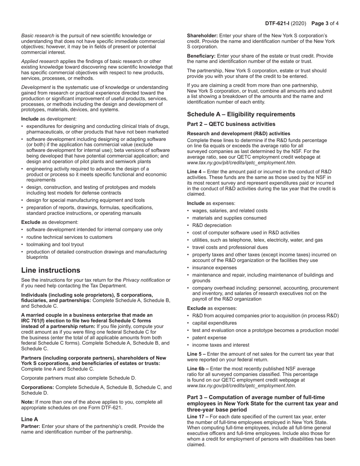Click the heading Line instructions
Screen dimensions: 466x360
pos(51,270)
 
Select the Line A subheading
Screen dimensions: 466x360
pos(30,419)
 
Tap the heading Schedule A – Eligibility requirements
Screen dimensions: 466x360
pos(241,114)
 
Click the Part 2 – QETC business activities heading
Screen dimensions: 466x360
pos(231,124)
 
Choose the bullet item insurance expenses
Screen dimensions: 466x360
pos(214,268)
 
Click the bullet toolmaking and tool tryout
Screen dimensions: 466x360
pos(55,245)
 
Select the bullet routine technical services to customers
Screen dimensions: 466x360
pos(69,237)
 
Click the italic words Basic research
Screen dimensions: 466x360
pos(38,36)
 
